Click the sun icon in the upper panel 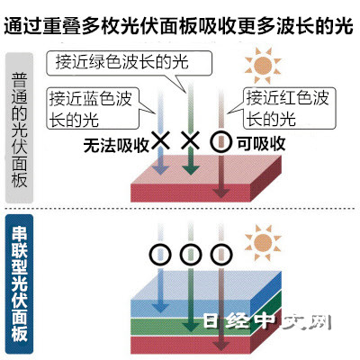pos(263,66)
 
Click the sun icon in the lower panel pos(263,243)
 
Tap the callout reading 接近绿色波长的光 pos(129,63)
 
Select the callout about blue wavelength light pos(93,109)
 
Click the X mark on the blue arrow pos(160,140)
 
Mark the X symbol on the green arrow pos(191,140)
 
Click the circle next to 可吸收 pos(221,142)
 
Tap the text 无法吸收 pos(116,145)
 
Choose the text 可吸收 pos(261,143)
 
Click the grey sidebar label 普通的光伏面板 pos(19,128)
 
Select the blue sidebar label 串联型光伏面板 pos(19,284)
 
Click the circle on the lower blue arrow pos(160,255)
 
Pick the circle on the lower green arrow pos(191,255)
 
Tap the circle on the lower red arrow pos(221,255)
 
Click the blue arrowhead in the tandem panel pos(160,307)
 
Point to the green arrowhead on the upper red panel pos(191,169)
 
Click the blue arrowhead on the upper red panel pos(160,169)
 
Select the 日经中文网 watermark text pos(267,322)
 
